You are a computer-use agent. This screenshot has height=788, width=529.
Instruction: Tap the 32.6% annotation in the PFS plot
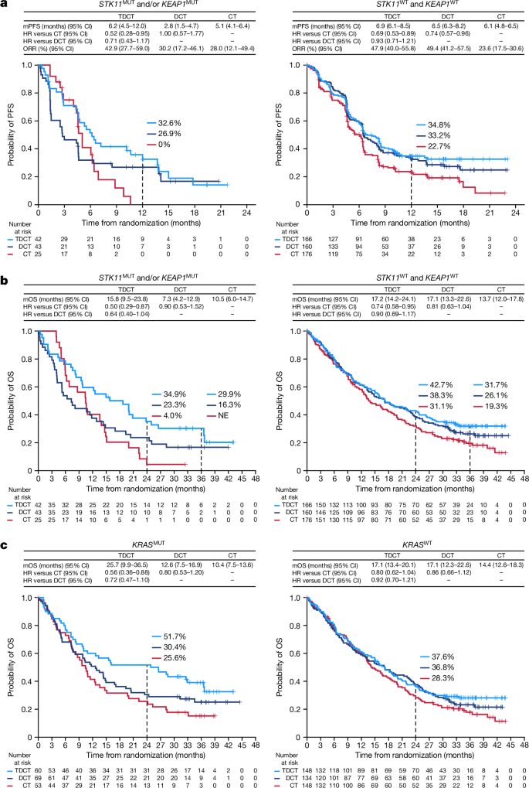(159, 122)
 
